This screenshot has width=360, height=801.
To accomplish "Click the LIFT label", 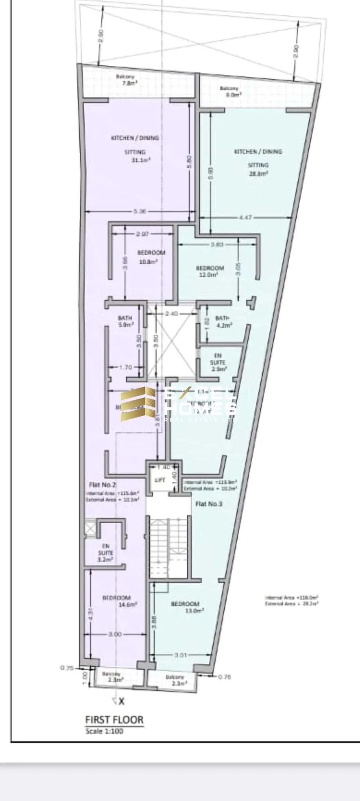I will click(x=160, y=480).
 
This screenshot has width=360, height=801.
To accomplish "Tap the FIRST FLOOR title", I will click(x=114, y=719).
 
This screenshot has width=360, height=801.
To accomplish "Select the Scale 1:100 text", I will click(x=104, y=731).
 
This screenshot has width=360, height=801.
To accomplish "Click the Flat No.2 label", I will click(x=102, y=485).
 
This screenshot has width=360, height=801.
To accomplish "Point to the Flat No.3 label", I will click(x=209, y=504).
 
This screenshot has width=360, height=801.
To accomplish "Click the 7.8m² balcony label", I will click(x=127, y=83).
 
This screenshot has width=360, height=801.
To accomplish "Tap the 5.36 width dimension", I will click(x=140, y=212).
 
